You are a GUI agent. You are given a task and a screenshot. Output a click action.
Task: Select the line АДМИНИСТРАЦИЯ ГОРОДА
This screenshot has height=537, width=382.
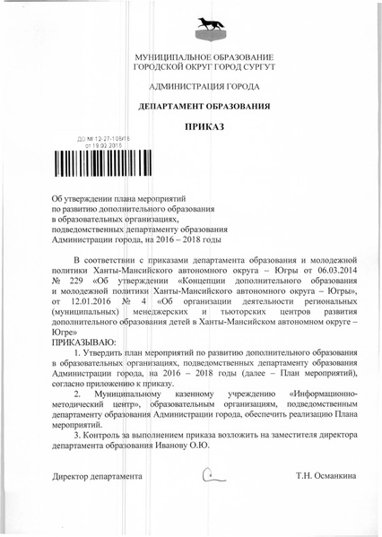pyautogui.click(x=191, y=87)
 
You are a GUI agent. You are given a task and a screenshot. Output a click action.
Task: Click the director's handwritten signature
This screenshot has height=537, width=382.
pyautogui.click(x=212, y=475)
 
